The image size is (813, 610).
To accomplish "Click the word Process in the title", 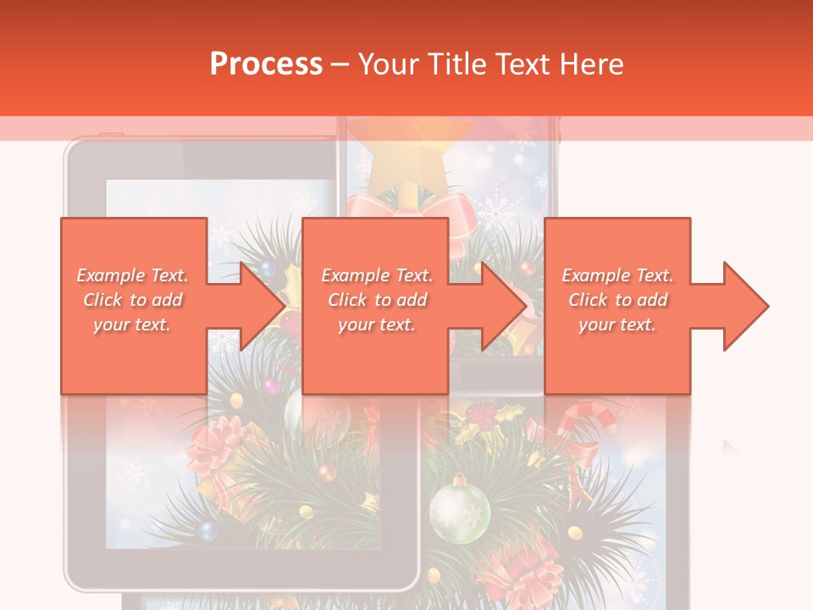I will tap(266, 64).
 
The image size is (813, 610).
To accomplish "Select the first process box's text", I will tap(133, 300).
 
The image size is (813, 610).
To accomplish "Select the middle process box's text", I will tap(377, 300).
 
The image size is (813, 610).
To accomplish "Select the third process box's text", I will tap(617, 300).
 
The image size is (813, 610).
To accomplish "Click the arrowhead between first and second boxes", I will tap(263, 306).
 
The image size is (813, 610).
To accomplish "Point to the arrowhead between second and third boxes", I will tap(505, 306).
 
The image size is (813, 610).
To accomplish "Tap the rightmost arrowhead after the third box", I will tap(746, 306).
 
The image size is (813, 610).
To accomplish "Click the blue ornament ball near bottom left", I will tap(207, 530).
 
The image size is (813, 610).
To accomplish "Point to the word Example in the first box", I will tap(107, 275).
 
